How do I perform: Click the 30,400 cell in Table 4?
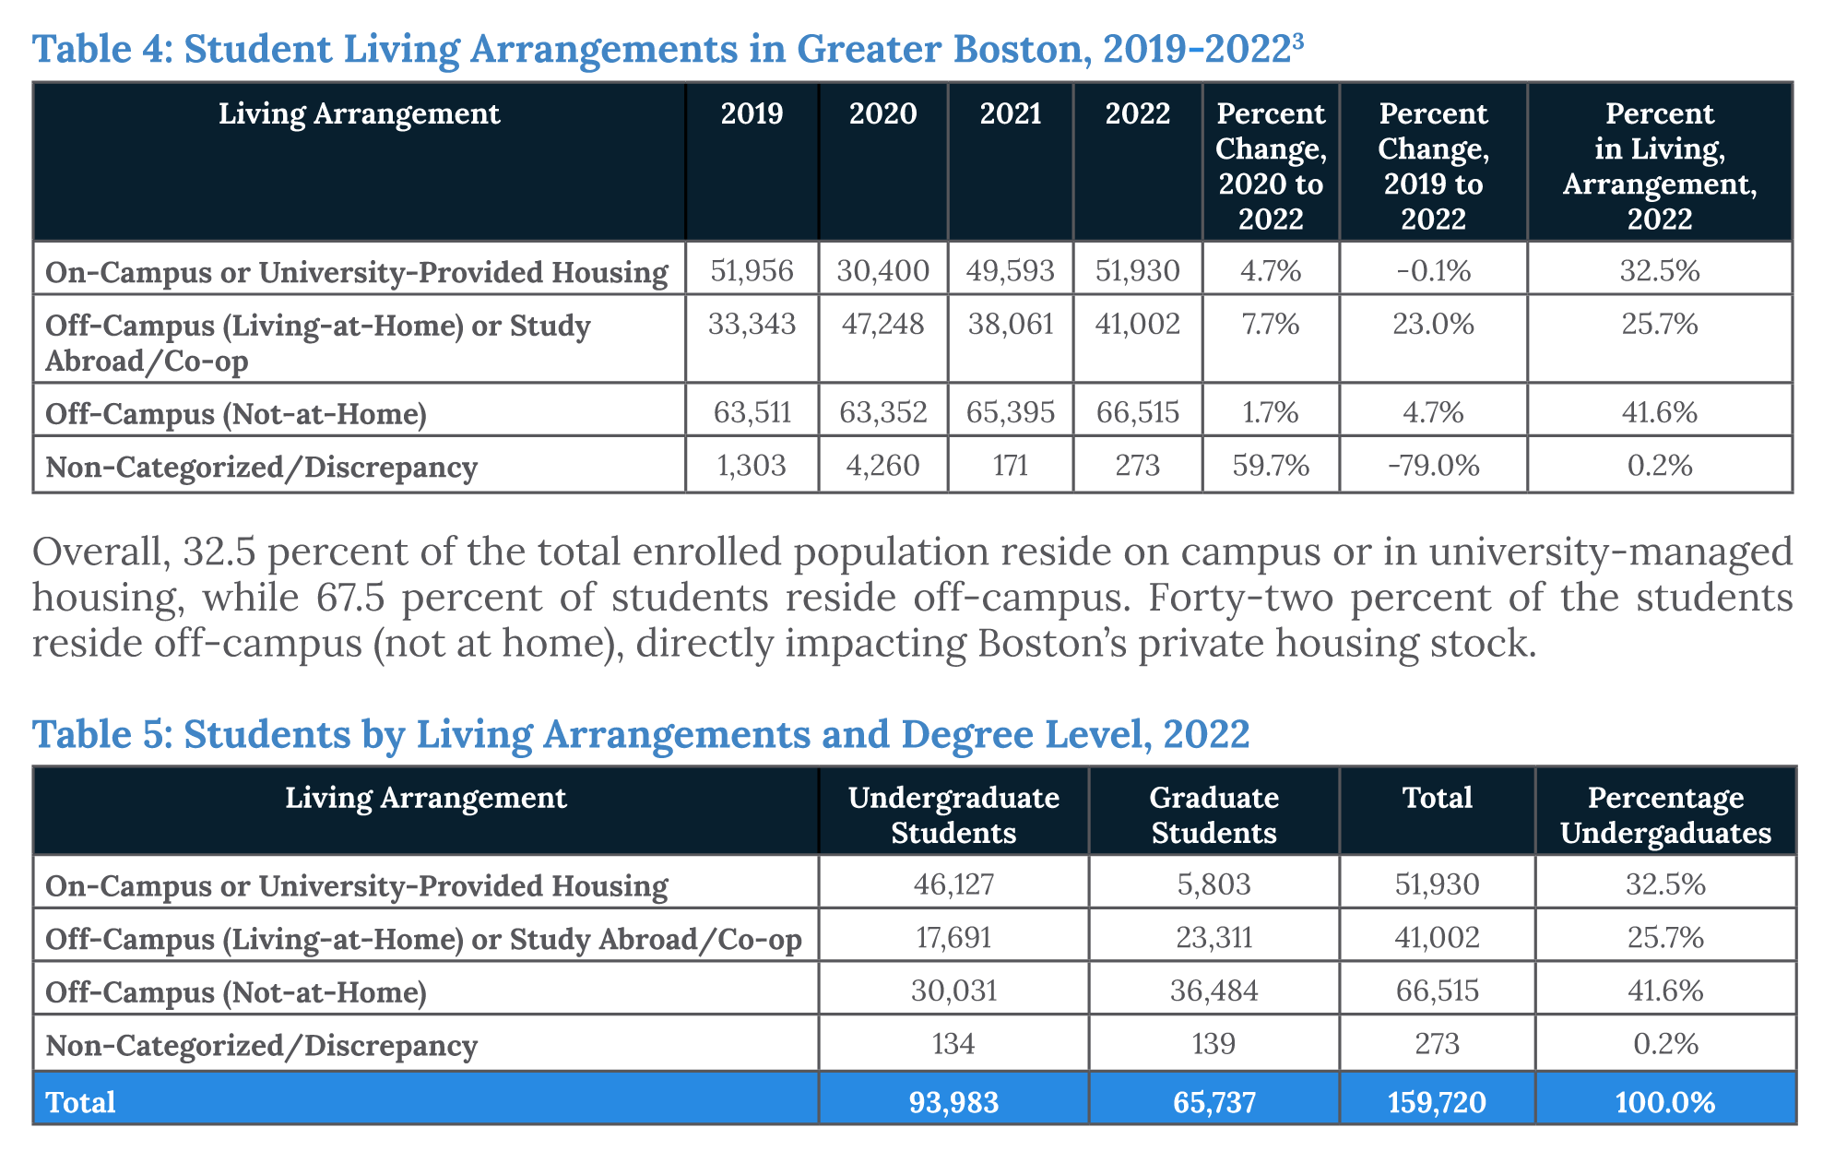point(882,271)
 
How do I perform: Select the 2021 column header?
point(1011,113)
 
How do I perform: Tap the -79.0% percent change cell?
point(1433,466)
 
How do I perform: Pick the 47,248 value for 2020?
point(882,325)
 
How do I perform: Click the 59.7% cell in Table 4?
point(1271,466)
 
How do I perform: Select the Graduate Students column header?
point(1213,815)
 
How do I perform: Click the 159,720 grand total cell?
point(1437,1102)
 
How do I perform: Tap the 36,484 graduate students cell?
point(1213,991)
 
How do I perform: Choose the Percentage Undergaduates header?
point(1665,815)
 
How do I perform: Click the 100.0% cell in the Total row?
point(1665,1102)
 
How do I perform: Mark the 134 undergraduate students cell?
point(953,1045)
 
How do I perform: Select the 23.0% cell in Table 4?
point(1433,325)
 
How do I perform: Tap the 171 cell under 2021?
point(1011,466)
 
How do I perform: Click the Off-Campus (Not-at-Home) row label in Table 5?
point(236,992)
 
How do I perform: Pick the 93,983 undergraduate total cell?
point(953,1102)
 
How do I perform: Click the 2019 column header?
point(752,113)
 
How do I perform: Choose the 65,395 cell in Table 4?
point(1011,412)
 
